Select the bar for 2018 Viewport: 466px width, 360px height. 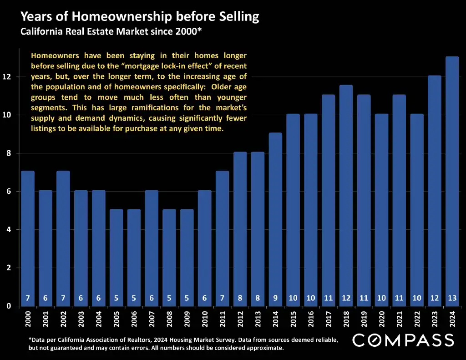click(x=345, y=195)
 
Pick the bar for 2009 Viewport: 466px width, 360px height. click(x=187, y=257)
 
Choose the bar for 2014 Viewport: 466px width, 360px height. click(x=275, y=219)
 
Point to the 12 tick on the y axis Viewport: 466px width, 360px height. click(x=6, y=77)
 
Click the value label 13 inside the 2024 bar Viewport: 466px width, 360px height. click(x=452, y=298)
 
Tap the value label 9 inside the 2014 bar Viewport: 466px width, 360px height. click(x=275, y=298)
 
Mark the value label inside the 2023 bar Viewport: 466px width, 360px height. click(x=434, y=298)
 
